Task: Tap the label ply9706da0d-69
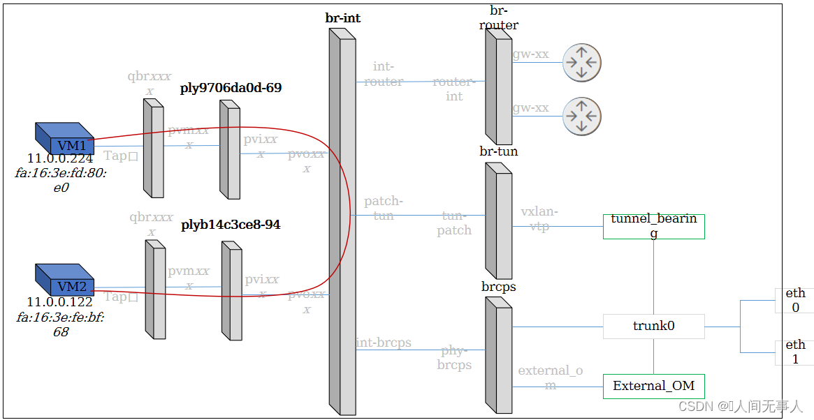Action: pyautogui.click(x=231, y=88)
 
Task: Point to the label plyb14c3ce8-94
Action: pyautogui.click(x=231, y=225)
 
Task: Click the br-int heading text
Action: pyautogui.click(x=343, y=18)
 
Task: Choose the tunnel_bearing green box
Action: pyautogui.click(x=653, y=226)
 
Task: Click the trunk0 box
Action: pyautogui.click(x=653, y=326)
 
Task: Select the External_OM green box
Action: pyautogui.click(x=653, y=386)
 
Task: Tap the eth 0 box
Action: pyautogui.click(x=795, y=300)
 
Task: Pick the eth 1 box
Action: pyautogui.click(x=795, y=352)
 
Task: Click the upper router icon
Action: pyautogui.click(x=581, y=62)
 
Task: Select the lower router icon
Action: pyautogui.click(x=581, y=116)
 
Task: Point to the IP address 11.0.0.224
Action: pyautogui.click(x=60, y=158)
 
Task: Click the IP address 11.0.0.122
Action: pyautogui.click(x=60, y=302)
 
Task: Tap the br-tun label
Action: pyautogui.click(x=499, y=151)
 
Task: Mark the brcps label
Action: pyautogui.click(x=499, y=287)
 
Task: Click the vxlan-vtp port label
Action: pyautogui.click(x=539, y=219)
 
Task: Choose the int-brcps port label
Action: pyautogui.click(x=384, y=343)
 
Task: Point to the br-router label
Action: pyautogui.click(x=499, y=18)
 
